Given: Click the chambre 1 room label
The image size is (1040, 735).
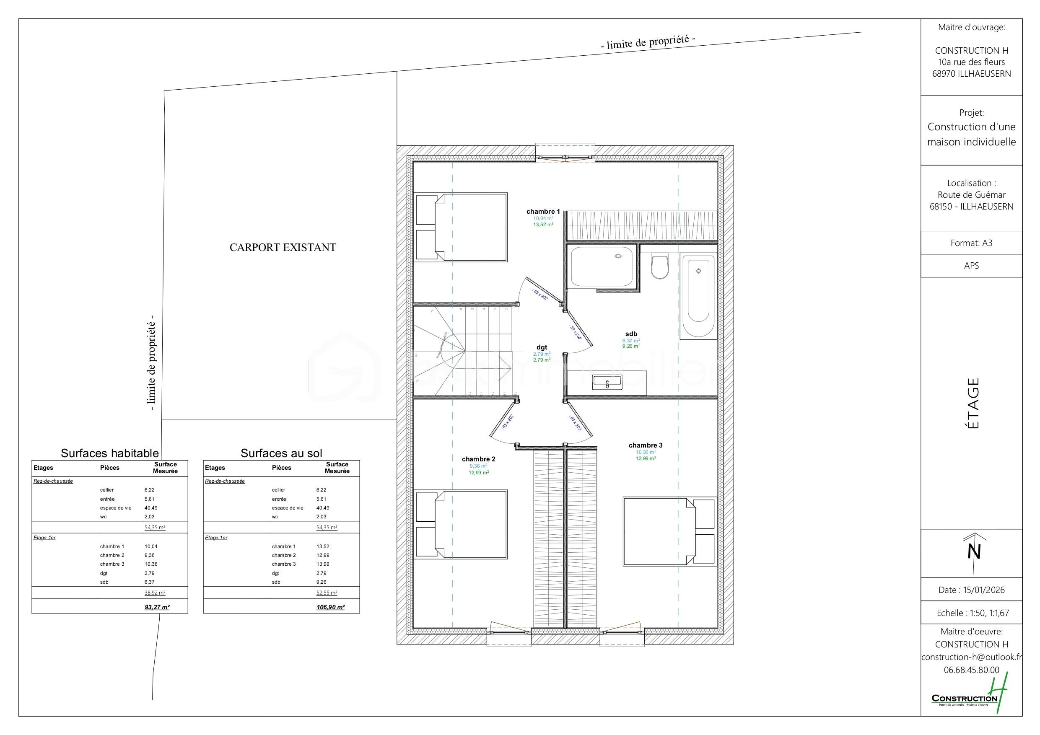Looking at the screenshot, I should (543, 212).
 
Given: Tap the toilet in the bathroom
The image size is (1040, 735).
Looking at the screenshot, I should (659, 267).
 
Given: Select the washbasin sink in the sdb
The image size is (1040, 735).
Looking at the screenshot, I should (607, 383).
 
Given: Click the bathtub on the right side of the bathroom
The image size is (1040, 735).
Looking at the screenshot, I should (698, 297).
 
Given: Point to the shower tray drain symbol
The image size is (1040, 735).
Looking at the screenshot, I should (618, 256).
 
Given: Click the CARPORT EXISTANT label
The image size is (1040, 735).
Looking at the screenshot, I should (283, 247).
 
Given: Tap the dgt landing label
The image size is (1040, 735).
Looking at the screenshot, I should (542, 347).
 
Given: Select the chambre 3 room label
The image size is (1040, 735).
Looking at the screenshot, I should (646, 445).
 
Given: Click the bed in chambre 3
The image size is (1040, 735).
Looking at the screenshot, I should (669, 531).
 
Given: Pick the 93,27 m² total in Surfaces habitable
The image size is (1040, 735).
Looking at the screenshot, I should (157, 607).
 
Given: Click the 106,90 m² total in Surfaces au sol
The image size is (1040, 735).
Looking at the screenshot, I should (330, 607).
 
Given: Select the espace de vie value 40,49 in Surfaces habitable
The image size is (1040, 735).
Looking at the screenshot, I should (151, 507).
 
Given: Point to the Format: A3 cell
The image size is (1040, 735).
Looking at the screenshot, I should (971, 243).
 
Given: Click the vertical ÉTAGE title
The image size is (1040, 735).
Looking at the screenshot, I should (973, 403).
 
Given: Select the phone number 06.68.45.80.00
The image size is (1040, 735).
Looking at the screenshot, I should (971, 669).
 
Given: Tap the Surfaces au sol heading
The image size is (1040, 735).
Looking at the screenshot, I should (281, 453).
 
